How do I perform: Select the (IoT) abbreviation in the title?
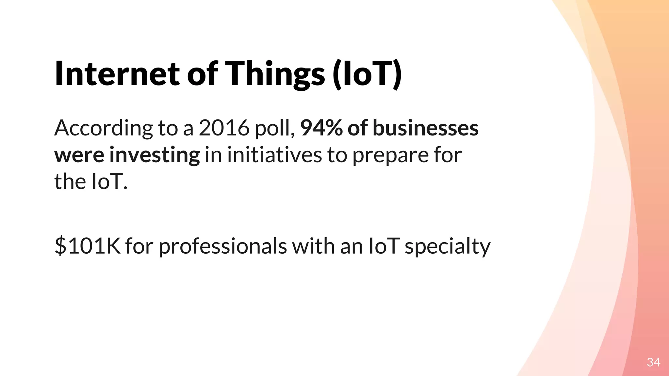[x=367, y=74]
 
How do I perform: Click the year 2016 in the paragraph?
[x=224, y=128]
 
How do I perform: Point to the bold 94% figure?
[x=321, y=128]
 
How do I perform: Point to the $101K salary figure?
[x=88, y=246]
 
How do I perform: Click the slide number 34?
[x=653, y=362]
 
